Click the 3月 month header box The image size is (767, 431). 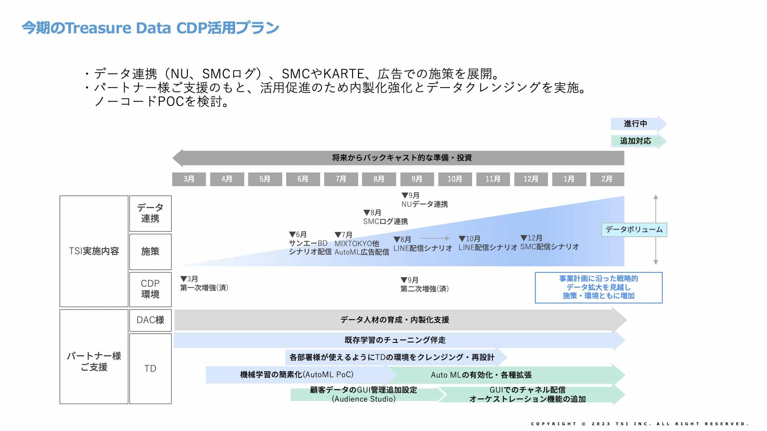189,179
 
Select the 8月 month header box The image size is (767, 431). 379,179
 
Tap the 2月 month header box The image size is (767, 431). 607,179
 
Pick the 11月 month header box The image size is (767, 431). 493,179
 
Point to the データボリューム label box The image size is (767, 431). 634,229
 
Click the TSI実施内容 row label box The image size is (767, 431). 94,251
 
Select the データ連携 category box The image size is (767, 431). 150,213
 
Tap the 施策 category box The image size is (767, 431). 150,251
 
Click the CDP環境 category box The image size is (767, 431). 150,289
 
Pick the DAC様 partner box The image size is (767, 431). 150,320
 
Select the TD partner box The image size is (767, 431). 150,368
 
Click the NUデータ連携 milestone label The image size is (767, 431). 425,204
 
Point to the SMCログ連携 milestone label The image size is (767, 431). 385,221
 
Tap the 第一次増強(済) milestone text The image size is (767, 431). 204,288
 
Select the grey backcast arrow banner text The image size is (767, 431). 402,158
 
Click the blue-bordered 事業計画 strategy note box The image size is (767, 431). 598,287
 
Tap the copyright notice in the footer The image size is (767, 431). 639,424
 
